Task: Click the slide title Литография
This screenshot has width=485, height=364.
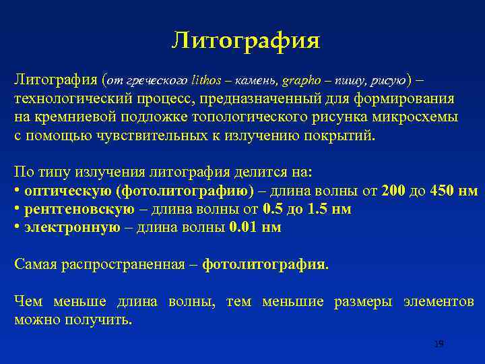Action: tap(245, 40)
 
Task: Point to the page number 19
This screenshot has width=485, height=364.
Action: tap(439, 344)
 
